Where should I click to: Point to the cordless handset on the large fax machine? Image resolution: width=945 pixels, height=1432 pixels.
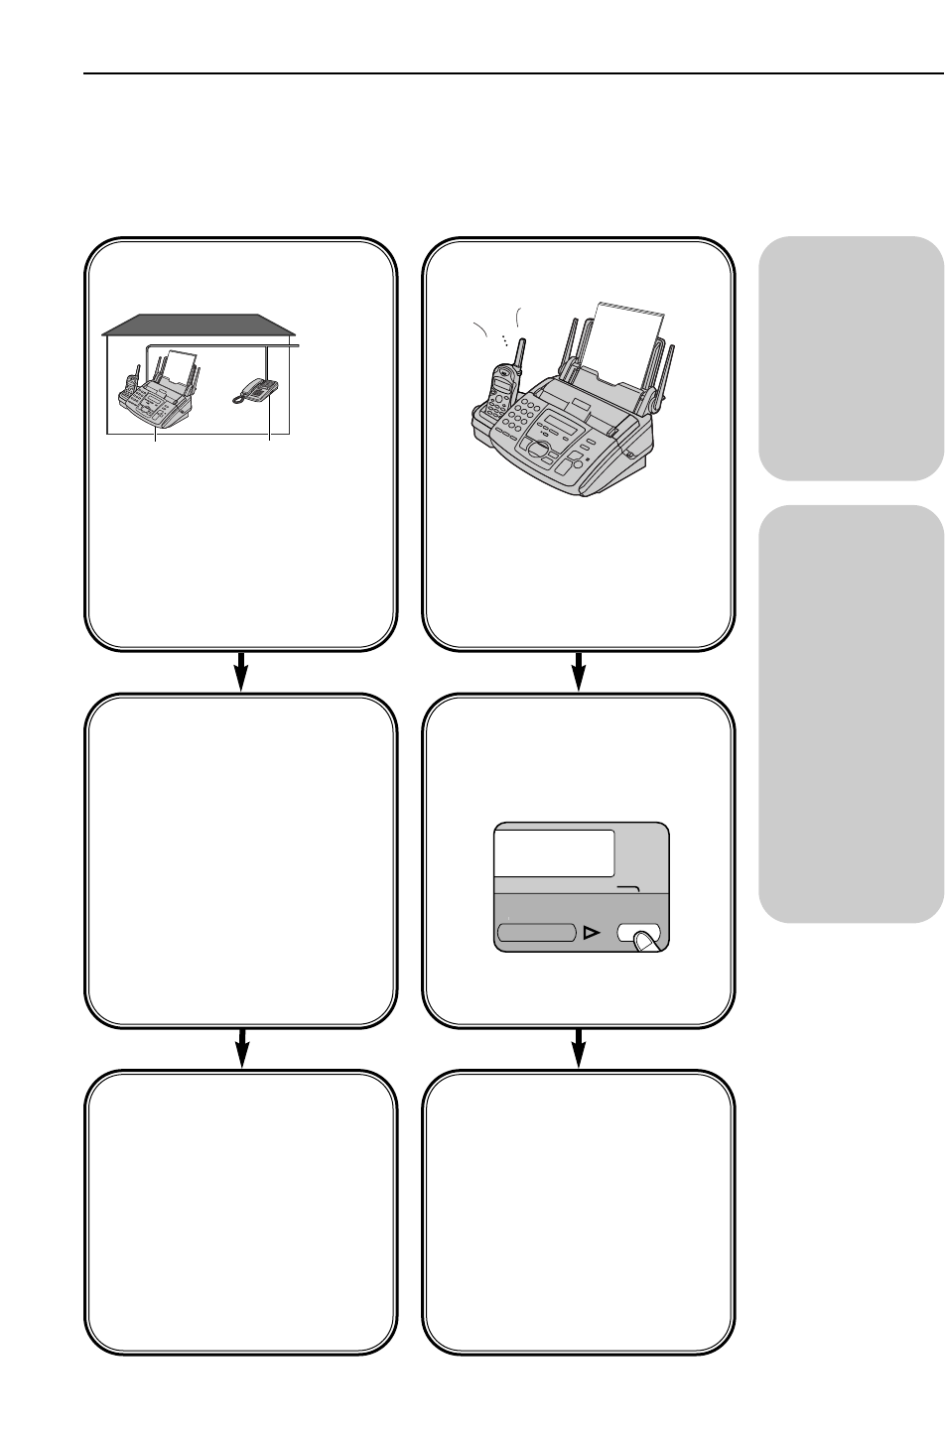click(x=500, y=391)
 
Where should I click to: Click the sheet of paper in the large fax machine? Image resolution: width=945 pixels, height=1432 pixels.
click(x=628, y=342)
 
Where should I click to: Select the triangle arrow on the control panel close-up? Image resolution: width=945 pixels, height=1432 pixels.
click(x=593, y=933)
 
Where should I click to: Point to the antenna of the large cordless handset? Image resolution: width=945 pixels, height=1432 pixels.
click(x=519, y=353)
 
